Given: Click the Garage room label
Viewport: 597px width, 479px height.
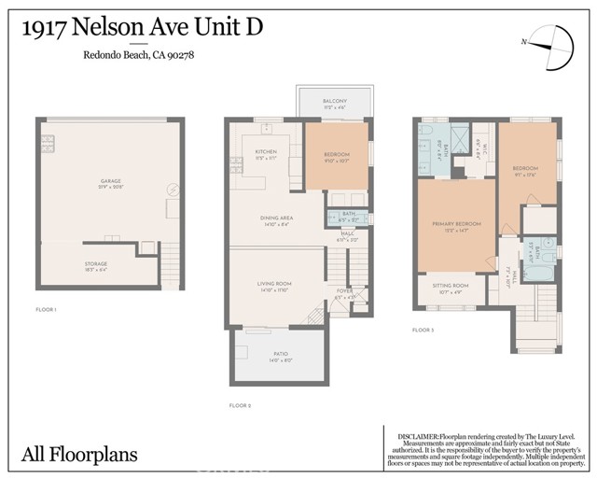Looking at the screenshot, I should pos(111,181).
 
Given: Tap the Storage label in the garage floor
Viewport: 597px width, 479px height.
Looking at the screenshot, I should pos(96,264).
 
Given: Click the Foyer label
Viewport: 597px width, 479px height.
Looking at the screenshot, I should pos(345,291).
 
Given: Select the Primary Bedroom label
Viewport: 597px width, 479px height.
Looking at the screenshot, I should pos(456,224).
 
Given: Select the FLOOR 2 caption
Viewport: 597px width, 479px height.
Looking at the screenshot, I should pos(241,405).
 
